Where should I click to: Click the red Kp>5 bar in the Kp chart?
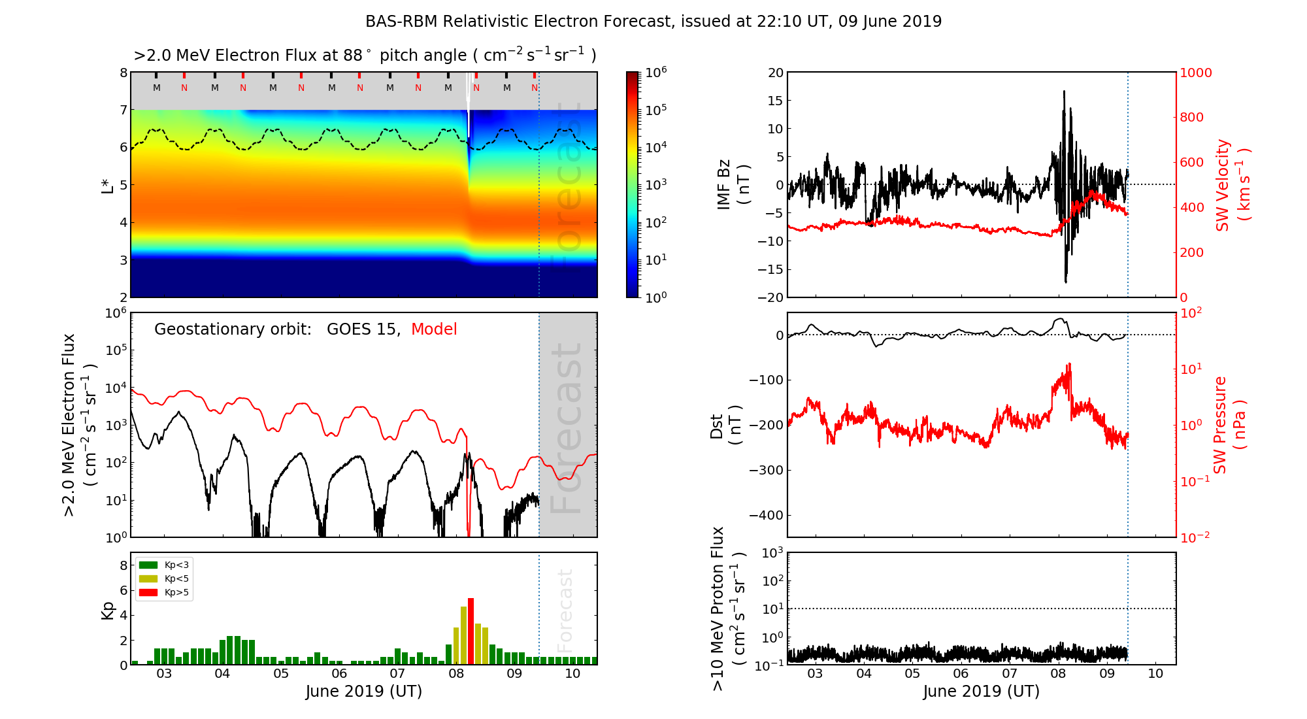tap(471, 631)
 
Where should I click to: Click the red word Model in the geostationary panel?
tap(434, 329)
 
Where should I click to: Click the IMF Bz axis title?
tap(733, 184)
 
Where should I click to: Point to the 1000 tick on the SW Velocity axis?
tap(1195, 73)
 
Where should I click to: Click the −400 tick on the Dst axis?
tap(766, 515)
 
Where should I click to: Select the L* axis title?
tap(107, 185)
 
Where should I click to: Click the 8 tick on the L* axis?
tap(123, 73)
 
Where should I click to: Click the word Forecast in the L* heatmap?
tap(568, 185)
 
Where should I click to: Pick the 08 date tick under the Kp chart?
tap(455, 674)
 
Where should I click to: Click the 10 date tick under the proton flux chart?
tap(1155, 674)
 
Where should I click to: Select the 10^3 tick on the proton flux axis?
tap(774, 554)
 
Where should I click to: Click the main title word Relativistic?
tap(487, 22)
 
